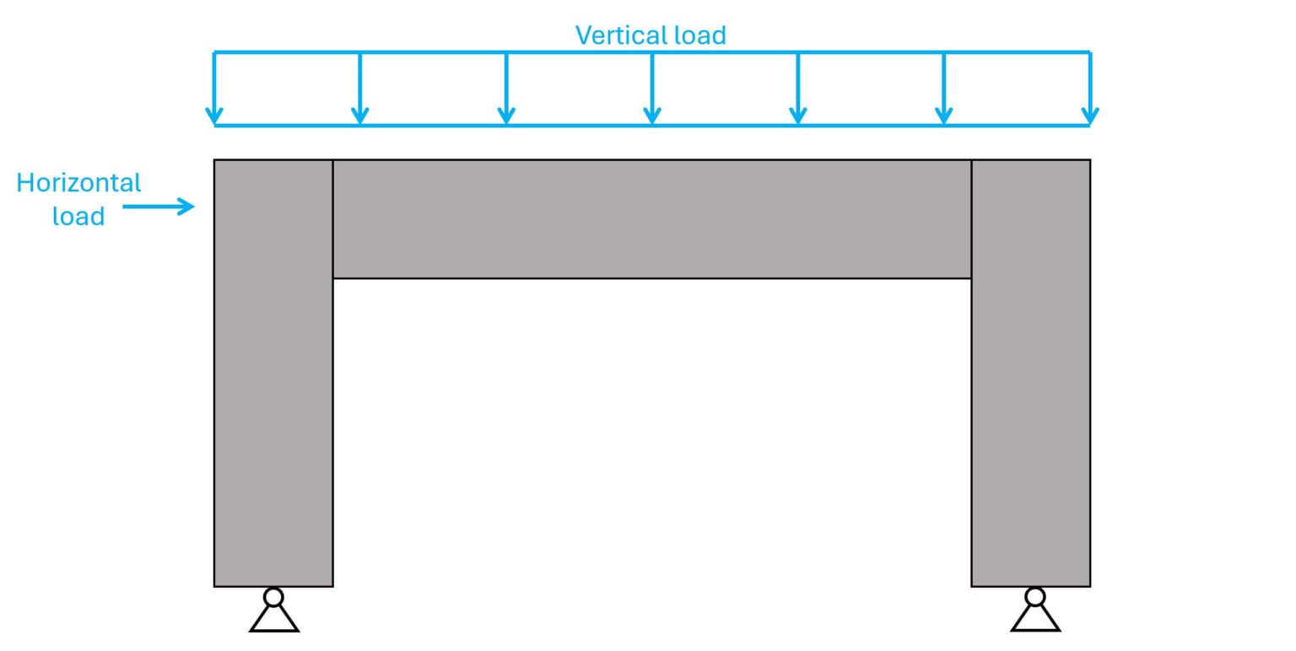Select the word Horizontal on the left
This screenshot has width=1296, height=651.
click(x=78, y=183)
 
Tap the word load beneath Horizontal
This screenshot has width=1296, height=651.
click(x=78, y=216)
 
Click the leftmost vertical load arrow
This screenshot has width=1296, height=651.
click(x=214, y=89)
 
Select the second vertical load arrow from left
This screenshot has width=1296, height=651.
click(x=360, y=89)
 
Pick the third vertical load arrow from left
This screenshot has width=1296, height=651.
click(x=506, y=89)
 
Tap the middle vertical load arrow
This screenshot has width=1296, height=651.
click(x=652, y=89)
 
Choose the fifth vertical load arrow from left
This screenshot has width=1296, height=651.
click(x=798, y=89)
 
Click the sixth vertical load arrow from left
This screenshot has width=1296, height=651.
click(x=944, y=89)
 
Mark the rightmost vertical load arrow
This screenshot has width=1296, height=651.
click(x=1090, y=89)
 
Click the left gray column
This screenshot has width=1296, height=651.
click(x=273, y=405)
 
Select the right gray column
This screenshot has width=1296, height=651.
click(x=1030, y=405)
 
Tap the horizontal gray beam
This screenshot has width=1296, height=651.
click(x=651, y=218)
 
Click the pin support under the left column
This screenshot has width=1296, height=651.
click(x=274, y=611)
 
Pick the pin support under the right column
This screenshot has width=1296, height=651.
click(x=1035, y=611)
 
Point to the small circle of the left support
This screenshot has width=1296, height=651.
click(x=273, y=597)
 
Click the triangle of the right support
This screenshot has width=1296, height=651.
click(x=1035, y=620)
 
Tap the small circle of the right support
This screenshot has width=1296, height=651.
click(x=1035, y=597)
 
